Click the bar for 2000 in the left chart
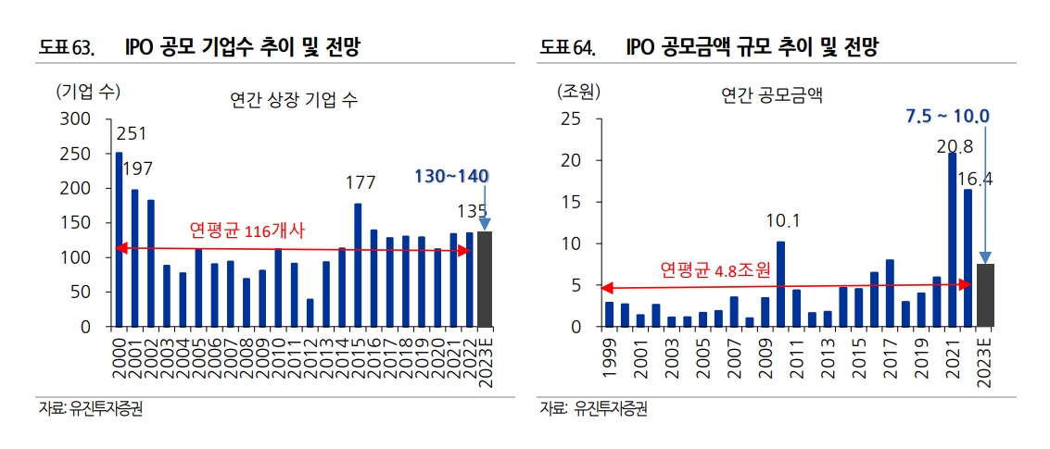[119, 240]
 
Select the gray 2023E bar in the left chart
[485, 279]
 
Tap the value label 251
[131, 135]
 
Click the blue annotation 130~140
[452, 176]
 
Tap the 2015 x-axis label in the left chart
[358, 351]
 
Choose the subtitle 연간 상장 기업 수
[293, 99]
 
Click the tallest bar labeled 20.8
[952, 240]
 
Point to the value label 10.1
[780, 220]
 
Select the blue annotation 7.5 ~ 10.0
[947, 116]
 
